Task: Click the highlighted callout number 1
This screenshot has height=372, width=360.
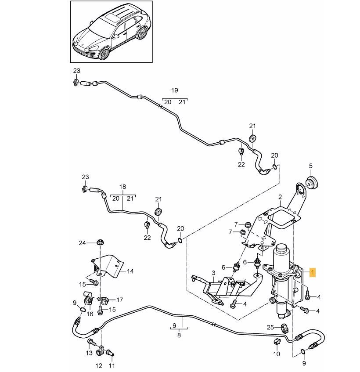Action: [312, 272]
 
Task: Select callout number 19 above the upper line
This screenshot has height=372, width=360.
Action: [174, 90]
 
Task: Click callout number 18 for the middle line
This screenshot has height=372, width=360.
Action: [123, 186]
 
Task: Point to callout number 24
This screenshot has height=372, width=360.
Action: [83, 242]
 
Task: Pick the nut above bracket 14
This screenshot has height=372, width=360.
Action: [100, 242]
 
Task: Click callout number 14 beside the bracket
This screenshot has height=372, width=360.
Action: [130, 271]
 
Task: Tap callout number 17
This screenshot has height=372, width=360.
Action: [120, 300]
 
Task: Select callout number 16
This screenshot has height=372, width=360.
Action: [90, 314]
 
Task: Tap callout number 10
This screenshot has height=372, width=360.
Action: [277, 354]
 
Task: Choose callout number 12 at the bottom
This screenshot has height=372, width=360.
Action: [99, 365]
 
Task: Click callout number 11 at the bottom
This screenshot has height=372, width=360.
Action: [111, 365]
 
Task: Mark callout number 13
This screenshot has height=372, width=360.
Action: [89, 353]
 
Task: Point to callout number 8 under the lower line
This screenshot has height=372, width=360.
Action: [179, 335]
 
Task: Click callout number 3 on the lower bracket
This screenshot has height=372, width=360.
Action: [213, 272]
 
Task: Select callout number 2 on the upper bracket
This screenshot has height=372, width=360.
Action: [279, 199]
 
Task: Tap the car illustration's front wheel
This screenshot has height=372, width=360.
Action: [104, 53]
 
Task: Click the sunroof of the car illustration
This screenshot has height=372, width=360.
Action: [113, 18]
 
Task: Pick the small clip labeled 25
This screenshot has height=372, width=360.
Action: [283, 328]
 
